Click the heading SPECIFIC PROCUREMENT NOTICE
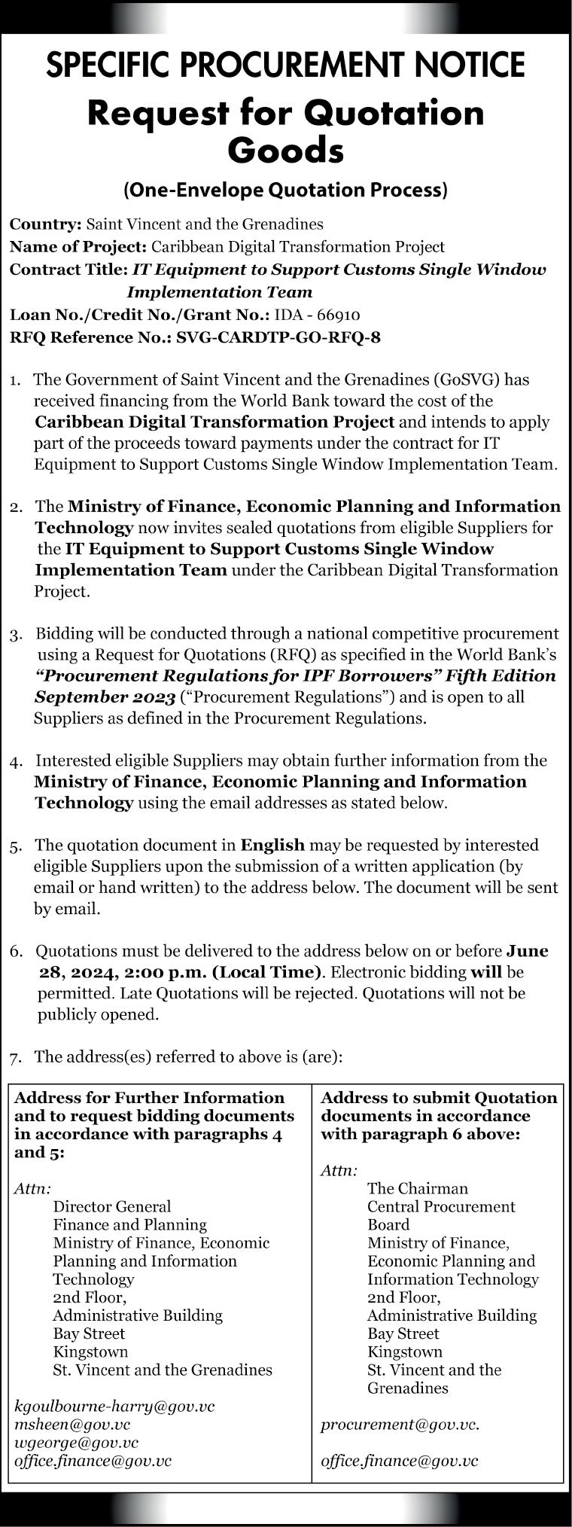coord(285,66)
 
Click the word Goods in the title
coord(285,151)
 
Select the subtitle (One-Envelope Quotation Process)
coord(285,190)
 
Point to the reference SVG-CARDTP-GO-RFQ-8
coord(278,337)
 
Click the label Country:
coord(45,224)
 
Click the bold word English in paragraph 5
coord(272,845)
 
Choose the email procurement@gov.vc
coord(400,1424)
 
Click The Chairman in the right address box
coord(417,1188)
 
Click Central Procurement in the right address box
coord(441,1206)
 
